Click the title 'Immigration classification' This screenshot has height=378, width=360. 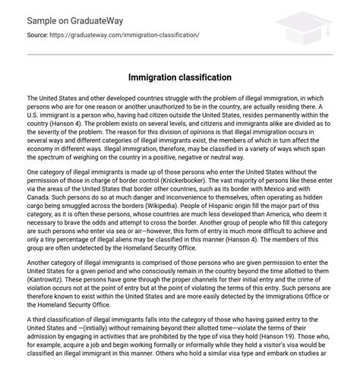tap(179, 78)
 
